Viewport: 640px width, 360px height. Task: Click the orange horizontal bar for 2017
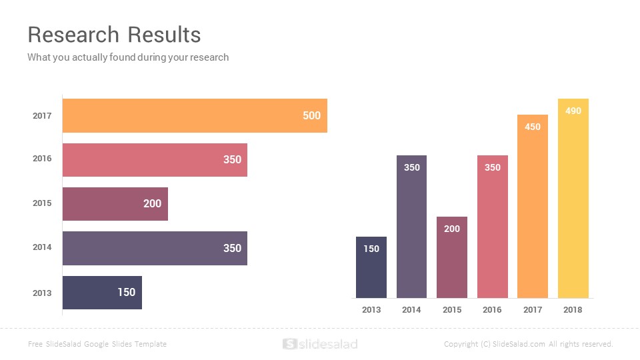tap(195, 115)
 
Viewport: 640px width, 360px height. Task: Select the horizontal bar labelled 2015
tap(115, 204)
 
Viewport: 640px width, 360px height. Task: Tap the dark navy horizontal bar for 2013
tap(102, 293)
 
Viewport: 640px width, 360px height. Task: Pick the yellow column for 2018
tap(573, 199)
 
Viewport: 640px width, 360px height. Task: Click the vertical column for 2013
tap(371, 267)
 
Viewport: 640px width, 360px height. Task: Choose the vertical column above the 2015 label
tap(452, 257)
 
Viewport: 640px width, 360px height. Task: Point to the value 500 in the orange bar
tap(311, 115)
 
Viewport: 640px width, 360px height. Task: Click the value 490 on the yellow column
tap(573, 111)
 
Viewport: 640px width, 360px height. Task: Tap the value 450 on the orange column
tap(533, 127)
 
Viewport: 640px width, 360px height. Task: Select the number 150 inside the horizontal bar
tap(127, 292)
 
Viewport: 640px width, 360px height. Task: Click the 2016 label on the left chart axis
tap(42, 159)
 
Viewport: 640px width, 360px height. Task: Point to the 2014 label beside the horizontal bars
tap(42, 247)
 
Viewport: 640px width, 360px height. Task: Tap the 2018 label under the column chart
tap(573, 310)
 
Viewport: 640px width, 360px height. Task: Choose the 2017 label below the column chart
tap(533, 310)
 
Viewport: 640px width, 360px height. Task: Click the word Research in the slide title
tap(73, 35)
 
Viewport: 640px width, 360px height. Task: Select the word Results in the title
tap(164, 35)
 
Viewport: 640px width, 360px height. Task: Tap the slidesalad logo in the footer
tap(320, 344)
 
